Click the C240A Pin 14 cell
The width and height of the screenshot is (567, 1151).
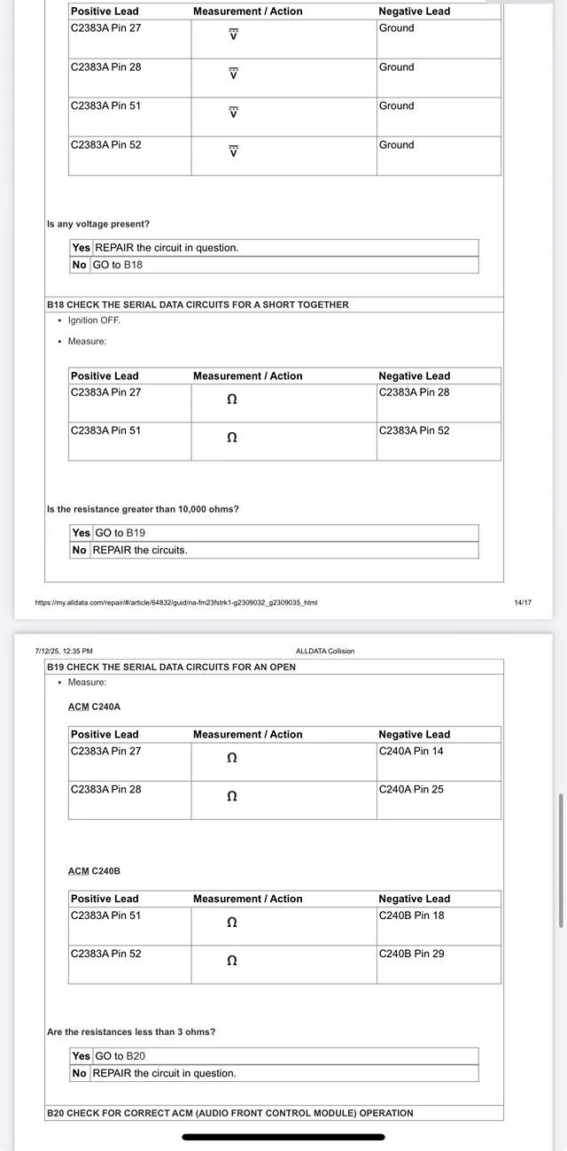click(x=411, y=751)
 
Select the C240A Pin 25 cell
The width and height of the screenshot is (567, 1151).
click(x=411, y=789)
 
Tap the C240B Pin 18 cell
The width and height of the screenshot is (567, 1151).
click(x=411, y=915)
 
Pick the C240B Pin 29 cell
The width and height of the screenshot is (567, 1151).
click(x=411, y=954)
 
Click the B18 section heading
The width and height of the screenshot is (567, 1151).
click(x=198, y=305)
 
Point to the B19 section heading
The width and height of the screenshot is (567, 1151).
click(x=171, y=667)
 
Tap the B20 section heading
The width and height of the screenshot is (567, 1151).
click(x=229, y=1113)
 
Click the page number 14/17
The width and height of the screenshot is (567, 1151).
click(x=522, y=603)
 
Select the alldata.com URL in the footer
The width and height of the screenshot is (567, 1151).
click(x=175, y=603)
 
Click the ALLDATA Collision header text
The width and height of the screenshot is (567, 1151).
click(x=324, y=651)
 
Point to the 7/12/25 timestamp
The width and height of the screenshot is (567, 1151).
click(x=64, y=651)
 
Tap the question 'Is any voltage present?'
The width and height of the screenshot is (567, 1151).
click(x=97, y=225)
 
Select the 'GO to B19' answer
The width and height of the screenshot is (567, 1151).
click(x=120, y=533)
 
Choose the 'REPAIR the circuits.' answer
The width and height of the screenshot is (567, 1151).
click(x=140, y=550)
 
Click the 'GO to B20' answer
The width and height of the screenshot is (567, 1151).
click(x=120, y=1056)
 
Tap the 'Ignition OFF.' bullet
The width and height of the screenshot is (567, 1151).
click(x=94, y=321)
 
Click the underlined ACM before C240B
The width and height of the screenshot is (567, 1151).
click(x=78, y=871)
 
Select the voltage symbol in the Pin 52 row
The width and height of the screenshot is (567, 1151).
click(x=233, y=151)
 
